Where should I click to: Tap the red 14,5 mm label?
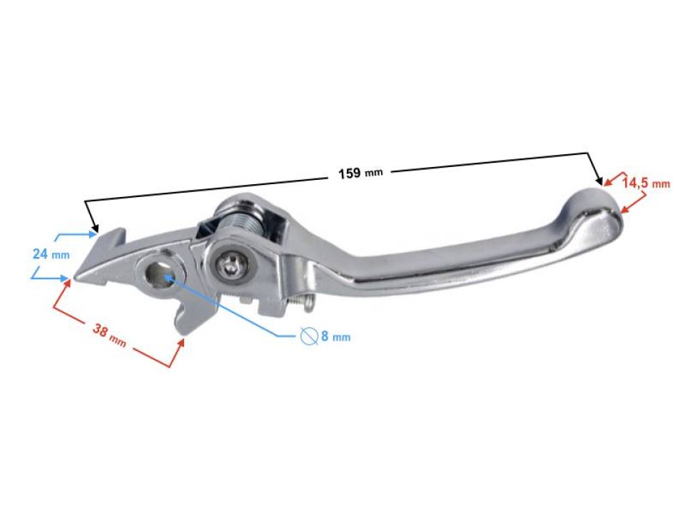pos(646,183)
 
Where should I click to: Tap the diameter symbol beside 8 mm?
pos(308,336)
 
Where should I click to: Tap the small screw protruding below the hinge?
pos(305,305)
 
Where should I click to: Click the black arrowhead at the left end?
pos(93,230)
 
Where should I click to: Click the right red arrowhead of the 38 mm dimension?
pos(183,343)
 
